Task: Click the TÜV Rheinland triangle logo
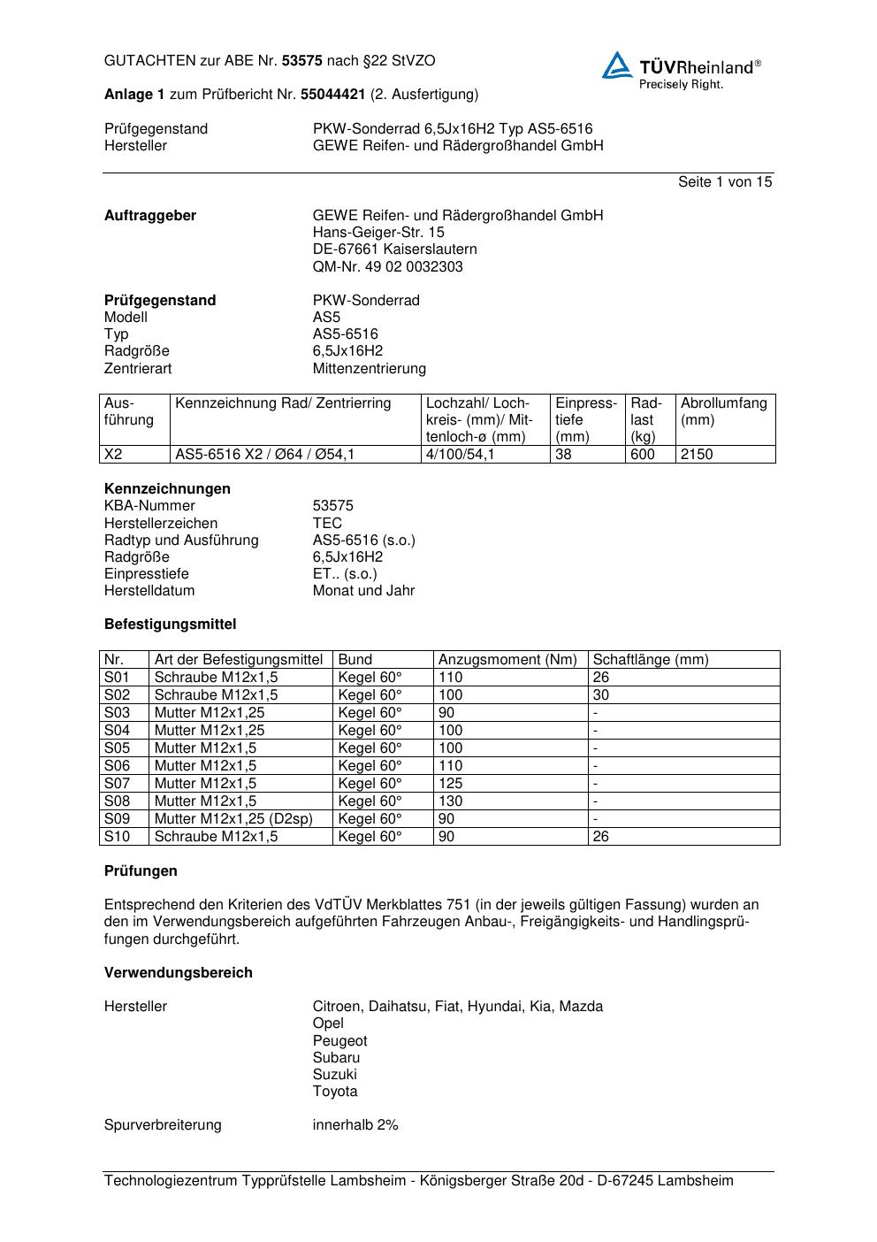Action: tap(617, 66)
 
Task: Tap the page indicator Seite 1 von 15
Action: tap(724, 182)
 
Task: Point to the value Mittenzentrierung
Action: tap(369, 368)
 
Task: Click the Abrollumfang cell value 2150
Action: tap(697, 455)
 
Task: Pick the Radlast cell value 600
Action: tap(643, 455)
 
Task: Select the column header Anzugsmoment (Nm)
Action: tap(507, 660)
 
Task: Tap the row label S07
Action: tap(117, 784)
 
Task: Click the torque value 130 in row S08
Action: tap(450, 801)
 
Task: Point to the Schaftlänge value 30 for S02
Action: tap(601, 695)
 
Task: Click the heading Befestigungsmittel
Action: tap(171, 625)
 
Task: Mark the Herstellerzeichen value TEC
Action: tap(327, 524)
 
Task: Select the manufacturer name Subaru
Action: tap(336, 1058)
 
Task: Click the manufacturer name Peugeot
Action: tap(339, 1041)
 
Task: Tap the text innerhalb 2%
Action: tap(355, 1125)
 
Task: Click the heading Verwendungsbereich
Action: tap(179, 973)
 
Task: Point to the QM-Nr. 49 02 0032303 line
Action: tap(387, 267)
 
